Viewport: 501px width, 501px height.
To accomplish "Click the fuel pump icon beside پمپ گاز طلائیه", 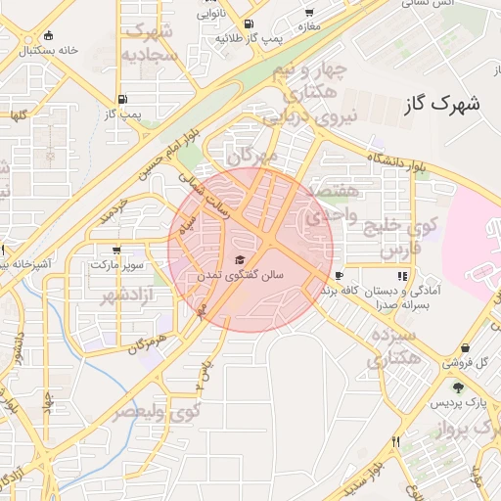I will [x=250, y=23].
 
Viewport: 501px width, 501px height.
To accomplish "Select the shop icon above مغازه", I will [x=309, y=13].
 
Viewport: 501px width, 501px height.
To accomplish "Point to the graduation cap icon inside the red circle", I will [x=240, y=260].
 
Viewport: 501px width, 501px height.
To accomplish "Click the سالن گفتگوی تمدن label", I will [x=240, y=276].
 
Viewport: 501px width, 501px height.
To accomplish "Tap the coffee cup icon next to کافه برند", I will [x=339, y=276].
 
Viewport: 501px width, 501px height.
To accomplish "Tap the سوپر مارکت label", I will [x=117, y=265].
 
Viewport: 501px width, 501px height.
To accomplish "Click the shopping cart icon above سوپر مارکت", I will [x=117, y=250].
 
